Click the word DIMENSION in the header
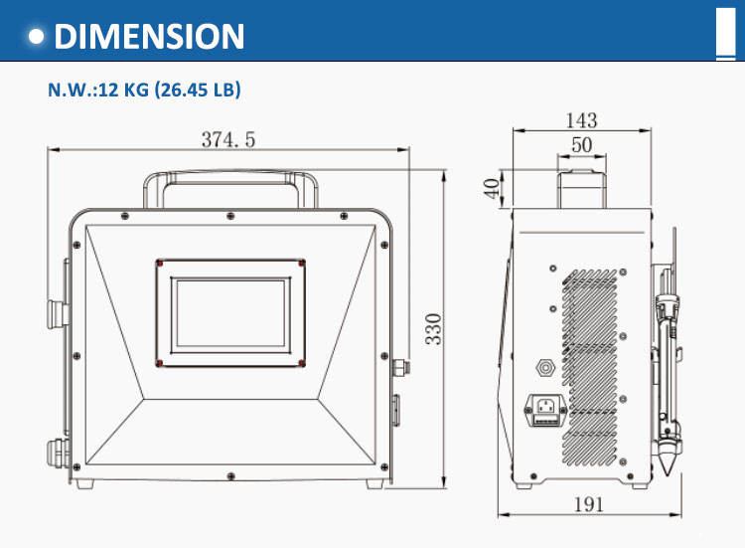pyautogui.click(x=149, y=37)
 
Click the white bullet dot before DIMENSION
pyautogui.click(x=36, y=37)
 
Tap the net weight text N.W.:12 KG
pyautogui.click(x=98, y=90)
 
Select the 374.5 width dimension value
pyautogui.click(x=228, y=140)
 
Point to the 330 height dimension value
pyautogui.click(x=433, y=329)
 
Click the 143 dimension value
pyautogui.click(x=581, y=120)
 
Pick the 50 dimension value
pyautogui.click(x=581, y=145)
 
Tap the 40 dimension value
pyautogui.click(x=492, y=188)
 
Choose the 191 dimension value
pyautogui.click(x=589, y=504)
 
